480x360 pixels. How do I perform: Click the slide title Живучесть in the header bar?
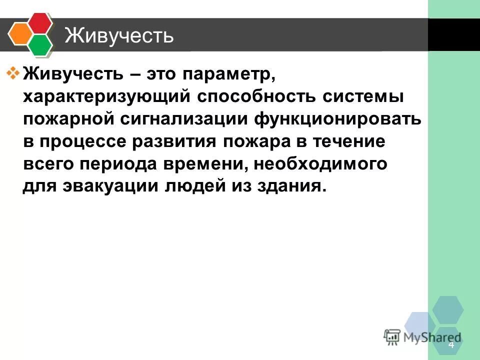119,36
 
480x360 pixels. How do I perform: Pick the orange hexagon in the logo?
19,34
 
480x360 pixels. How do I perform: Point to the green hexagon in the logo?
40,44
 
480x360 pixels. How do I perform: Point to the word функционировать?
337,120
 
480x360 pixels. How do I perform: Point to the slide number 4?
451,345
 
